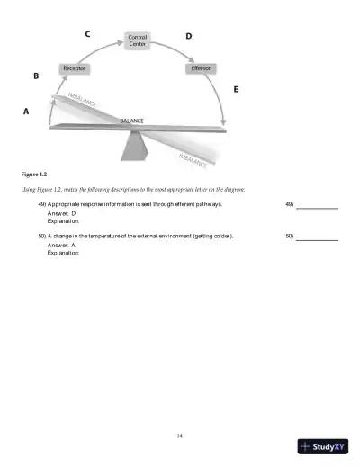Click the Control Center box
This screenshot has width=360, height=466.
(x=138, y=41)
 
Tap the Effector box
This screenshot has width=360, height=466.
(x=201, y=68)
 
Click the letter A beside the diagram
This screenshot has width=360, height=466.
(x=25, y=112)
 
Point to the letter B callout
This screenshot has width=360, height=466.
(x=36, y=76)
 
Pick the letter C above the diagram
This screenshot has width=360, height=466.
(x=86, y=34)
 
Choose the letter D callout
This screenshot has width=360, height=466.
(x=188, y=36)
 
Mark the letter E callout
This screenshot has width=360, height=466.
(x=236, y=89)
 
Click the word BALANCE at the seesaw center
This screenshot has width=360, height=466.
(x=131, y=121)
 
